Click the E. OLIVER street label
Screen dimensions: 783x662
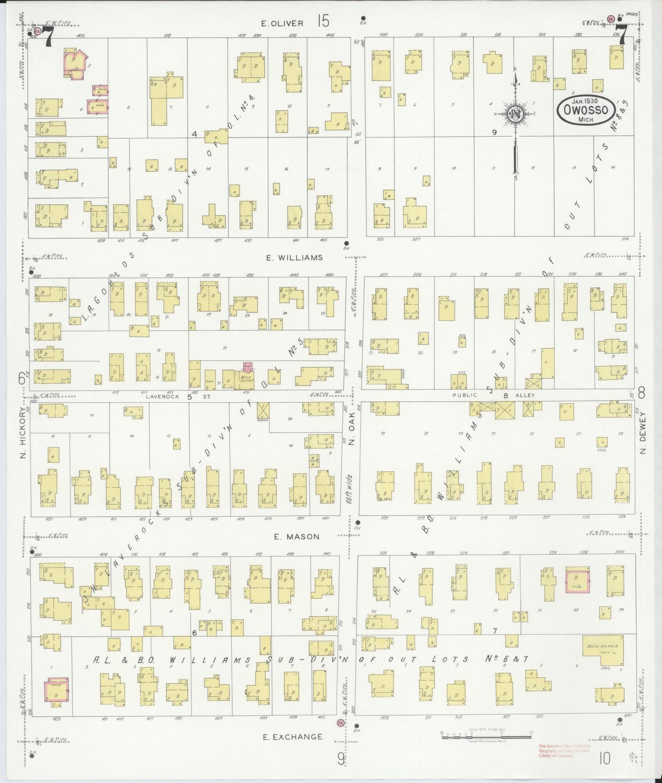tap(282, 23)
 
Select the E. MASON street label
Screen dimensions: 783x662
tap(297, 537)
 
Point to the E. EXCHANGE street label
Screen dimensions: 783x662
tap(292, 737)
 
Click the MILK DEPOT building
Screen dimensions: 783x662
tap(247, 379)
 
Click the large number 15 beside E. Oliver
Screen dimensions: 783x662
tap(322, 21)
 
